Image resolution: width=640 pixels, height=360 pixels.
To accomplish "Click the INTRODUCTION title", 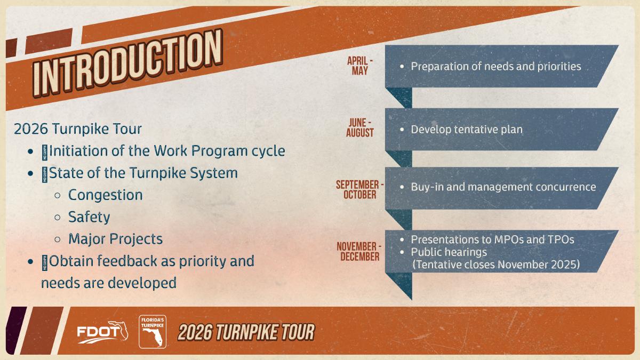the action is point(127,63).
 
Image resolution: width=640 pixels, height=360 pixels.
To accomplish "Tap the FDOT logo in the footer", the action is point(102,332).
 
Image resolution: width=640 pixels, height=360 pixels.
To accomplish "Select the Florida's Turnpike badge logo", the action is point(153,332).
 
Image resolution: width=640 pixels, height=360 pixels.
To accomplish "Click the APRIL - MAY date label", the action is point(359,66).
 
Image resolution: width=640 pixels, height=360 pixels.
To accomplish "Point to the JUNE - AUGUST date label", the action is point(359,127).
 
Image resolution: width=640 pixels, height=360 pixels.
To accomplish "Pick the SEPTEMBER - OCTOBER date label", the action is point(359,189).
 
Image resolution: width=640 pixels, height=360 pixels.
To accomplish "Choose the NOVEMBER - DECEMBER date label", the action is point(359,251).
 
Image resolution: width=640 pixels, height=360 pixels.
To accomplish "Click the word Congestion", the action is point(106,195).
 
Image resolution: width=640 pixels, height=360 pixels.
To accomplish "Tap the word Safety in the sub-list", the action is point(89,217).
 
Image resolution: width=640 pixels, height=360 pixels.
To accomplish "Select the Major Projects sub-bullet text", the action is point(115,239).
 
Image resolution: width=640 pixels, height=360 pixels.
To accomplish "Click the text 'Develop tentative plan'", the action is point(467,130).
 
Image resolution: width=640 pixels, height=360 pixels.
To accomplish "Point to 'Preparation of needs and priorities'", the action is point(496,67).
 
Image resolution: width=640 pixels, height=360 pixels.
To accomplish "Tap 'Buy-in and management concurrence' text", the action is point(503,187).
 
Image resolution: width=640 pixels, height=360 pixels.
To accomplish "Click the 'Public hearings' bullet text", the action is point(449,252).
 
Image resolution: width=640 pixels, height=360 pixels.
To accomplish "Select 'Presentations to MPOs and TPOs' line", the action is point(493,239).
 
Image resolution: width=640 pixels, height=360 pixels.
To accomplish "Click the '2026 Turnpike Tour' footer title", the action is point(246,332).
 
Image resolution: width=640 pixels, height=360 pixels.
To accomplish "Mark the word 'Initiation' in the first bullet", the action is point(78,151).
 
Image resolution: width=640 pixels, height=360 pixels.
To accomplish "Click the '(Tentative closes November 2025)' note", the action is point(496,265).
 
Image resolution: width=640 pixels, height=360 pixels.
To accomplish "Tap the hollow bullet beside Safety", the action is point(58,218).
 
